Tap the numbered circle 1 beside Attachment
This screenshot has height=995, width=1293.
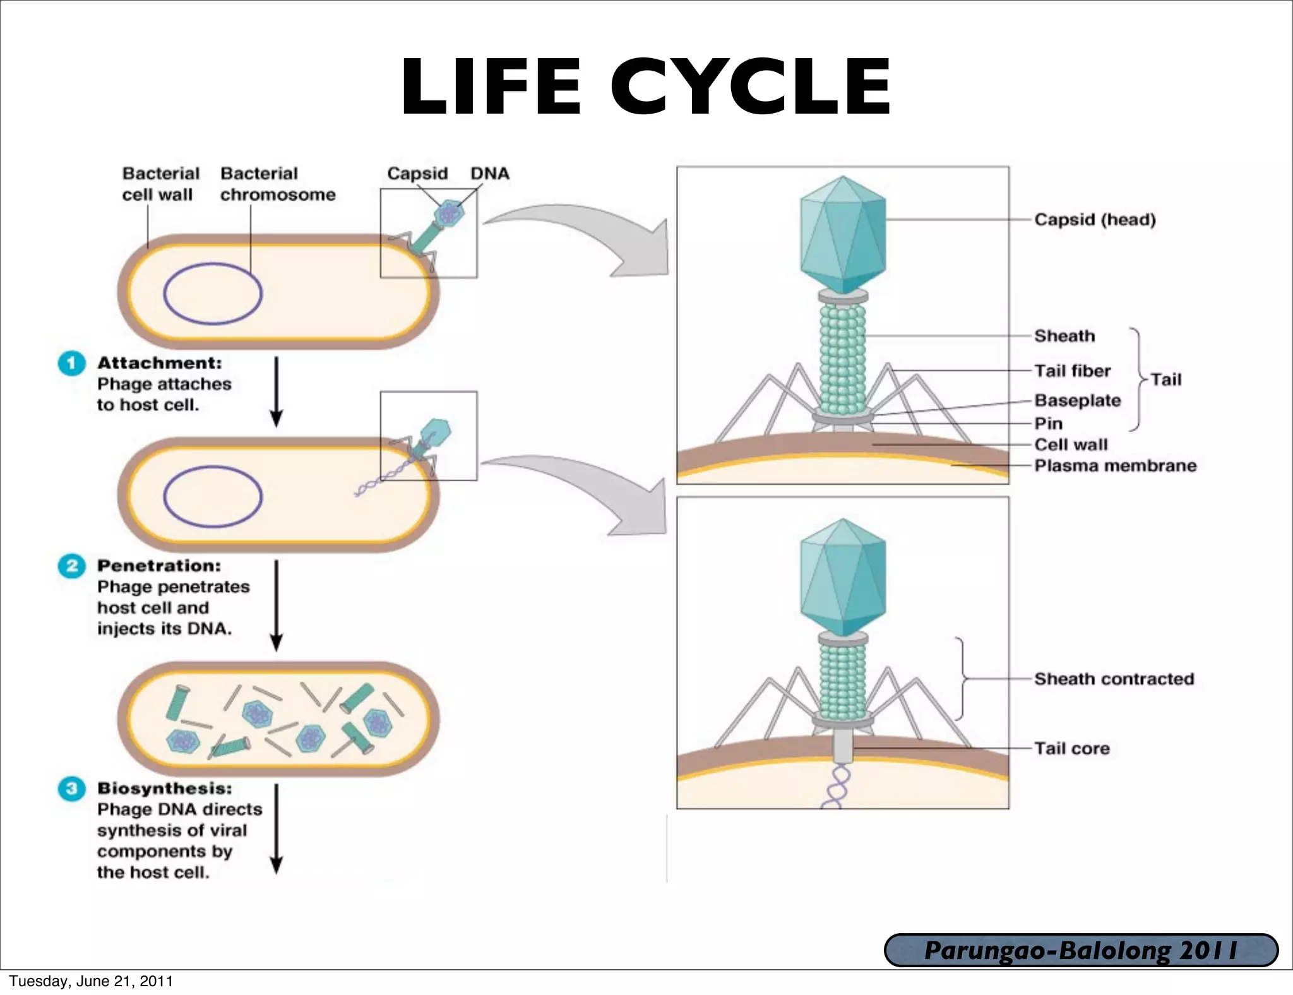[71, 363]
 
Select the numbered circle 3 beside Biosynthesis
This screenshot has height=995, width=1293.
[71, 789]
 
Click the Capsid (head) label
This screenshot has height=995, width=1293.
[1095, 220]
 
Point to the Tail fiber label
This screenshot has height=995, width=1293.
[1072, 371]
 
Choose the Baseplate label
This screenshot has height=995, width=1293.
[1077, 400]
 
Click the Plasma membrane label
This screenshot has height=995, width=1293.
[1115, 465]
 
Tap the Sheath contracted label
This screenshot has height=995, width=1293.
[1114, 679]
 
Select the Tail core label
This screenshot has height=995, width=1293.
[1071, 748]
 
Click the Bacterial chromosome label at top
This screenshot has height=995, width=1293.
[277, 184]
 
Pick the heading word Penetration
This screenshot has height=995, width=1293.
[158, 566]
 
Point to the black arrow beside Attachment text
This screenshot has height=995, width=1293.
[276, 391]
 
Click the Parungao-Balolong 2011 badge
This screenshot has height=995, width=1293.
[1081, 950]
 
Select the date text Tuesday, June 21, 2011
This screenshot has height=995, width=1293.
[91, 981]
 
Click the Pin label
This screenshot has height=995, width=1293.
[1048, 424]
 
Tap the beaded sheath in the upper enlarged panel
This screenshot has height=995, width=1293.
[842, 357]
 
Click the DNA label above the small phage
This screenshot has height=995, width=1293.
[489, 174]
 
